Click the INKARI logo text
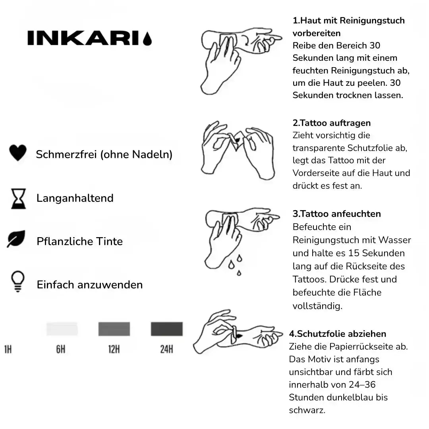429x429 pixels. tap(83, 38)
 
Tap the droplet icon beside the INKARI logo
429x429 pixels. tap(147, 39)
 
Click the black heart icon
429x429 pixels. tap(17, 153)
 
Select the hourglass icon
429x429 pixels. tap(18, 198)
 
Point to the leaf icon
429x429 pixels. tap(16, 239)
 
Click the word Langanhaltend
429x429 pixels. tap(75, 198)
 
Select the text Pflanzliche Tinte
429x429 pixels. tap(79, 242)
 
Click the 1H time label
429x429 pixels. tap(8, 350)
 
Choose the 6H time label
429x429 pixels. tap(60, 350)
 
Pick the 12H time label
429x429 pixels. tap(114, 350)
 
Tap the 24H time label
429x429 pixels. tap(166, 350)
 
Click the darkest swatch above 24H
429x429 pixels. tap(167, 329)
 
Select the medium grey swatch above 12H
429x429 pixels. tap(114, 329)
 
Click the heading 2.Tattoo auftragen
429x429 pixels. tap(332, 123)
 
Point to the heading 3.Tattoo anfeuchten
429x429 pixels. tap(337, 214)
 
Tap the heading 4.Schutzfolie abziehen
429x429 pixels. tap(338, 334)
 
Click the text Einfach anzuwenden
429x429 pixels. tap(90, 285)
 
